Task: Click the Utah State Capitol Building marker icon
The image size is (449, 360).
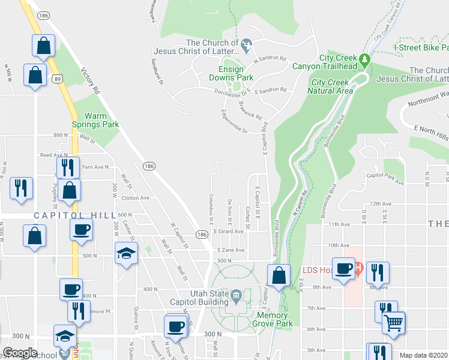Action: coord(237,295)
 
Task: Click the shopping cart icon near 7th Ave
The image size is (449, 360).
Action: coord(394,322)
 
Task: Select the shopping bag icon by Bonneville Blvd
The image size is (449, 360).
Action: coord(279,276)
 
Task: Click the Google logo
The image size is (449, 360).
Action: coord(20,353)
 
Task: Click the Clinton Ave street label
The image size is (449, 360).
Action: coord(134,197)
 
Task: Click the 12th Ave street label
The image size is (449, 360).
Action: coord(381,203)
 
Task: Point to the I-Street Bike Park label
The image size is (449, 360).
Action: coord(421,47)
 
